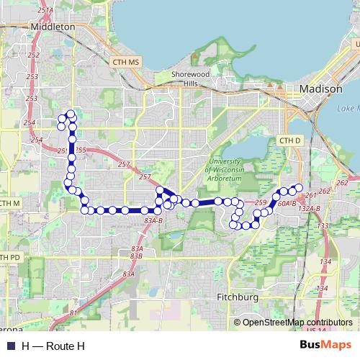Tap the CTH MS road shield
point(126,63)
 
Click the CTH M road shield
point(9,204)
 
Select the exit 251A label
point(44,12)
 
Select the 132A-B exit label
point(308,208)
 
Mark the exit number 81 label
point(74,312)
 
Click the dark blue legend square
point(11,346)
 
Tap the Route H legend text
point(53,346)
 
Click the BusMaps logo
point(325,346)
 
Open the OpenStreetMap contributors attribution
point(297,323)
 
